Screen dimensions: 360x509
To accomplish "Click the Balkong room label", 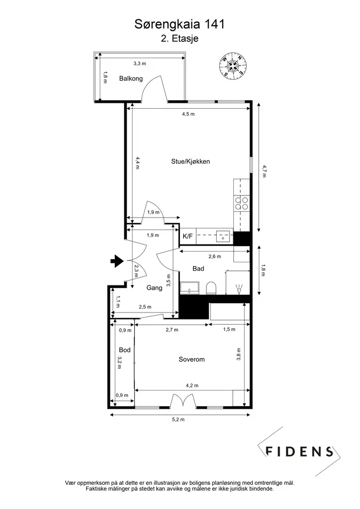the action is (x=131, y=79).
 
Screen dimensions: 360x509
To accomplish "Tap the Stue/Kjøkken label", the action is (x=190, y=162).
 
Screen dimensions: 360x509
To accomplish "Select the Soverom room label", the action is (x=192, y=359).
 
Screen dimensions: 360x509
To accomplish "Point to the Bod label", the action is (x=124, y=350).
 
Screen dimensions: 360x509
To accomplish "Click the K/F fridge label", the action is (x=188, y=236).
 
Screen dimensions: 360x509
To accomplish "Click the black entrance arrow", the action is (x=116, y=261).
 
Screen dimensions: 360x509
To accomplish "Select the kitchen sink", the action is (x=223, y=236).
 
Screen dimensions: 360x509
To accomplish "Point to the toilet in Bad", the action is (x=211, y=288).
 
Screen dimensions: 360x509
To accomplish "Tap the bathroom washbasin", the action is (x=190, y=288).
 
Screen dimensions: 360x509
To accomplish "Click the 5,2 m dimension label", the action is (x=178, y=420).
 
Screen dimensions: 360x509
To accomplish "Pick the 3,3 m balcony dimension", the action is (x=140, y=64).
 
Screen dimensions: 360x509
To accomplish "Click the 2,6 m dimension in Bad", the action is (x=215, y=256).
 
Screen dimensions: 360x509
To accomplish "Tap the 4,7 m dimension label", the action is (x=265, y=171).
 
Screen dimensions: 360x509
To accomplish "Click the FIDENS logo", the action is (x=299, y=451).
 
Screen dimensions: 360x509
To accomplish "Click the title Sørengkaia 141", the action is (x=179, y=24).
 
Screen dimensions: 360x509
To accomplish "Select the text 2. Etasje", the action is (x=179, y=39).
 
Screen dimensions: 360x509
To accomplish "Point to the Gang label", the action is (x=154, y=288).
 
